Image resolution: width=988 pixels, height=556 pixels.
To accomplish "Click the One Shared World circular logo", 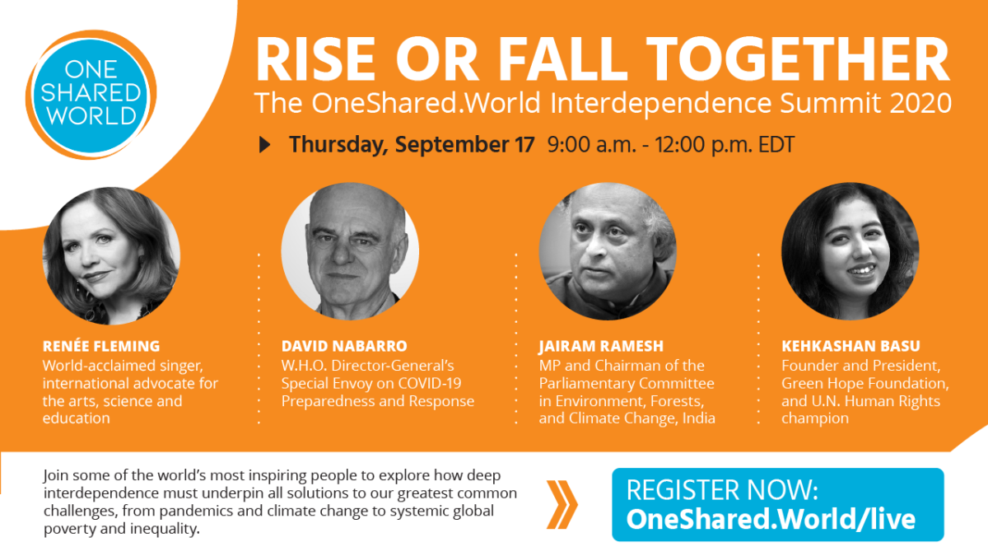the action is click(x=91, y=95).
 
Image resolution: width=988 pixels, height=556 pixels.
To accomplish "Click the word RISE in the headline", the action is click(x=316, y=59).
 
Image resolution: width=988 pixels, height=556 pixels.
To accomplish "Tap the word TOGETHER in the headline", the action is click(x=799, y=59).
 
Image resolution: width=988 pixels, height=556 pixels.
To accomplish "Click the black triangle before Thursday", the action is click(x=264, y=145).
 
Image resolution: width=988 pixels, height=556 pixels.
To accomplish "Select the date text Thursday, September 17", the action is click(x=412, y=145).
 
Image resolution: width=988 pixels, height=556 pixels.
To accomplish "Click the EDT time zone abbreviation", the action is click(x=776, y=145).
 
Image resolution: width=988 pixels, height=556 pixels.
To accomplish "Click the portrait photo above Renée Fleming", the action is click(x=111, y=256).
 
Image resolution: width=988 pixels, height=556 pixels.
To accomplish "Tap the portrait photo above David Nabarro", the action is click(x=350, y=251).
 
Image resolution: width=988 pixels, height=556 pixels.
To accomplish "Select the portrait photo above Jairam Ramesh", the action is click(x=608, y=251).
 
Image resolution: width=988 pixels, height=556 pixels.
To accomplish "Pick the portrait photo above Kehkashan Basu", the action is click(x=851, y=251).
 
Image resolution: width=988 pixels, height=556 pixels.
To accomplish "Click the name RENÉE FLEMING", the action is click(x=101, y=346).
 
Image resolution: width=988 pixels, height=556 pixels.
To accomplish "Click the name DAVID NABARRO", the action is click(x=344, y=347).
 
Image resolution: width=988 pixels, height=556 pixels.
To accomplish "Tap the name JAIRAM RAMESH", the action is click(x=601, y=347).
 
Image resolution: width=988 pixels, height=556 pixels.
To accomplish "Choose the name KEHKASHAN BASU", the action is click(x=851, y=347).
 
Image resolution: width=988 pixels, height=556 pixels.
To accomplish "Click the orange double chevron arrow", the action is click(x=562, y=505).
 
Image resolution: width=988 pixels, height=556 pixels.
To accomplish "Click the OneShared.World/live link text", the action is click(x=771, y=520).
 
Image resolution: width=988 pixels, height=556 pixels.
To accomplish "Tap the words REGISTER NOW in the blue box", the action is click(x=723, y=490).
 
